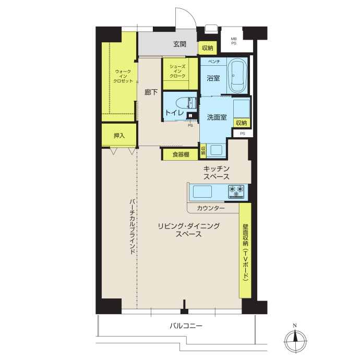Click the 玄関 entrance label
[x=179, y=44]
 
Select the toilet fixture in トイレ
[x=186, y=103]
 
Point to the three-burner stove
[x=236, y=191]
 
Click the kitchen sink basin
[x=202, y=191]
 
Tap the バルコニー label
[x=186, y=326]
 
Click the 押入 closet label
[x=119, y=136]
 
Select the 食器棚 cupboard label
[x=181, y=154]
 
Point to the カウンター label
[x=211, y=208]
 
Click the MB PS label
[x=234, y=41]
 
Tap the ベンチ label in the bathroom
[x=214, y=61]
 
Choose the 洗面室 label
[x=217, y=117]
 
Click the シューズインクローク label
[x=177, y=71]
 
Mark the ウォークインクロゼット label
[x=123, y=76]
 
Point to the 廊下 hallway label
[x=151, y=92]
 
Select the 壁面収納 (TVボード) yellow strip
[x=245, y=250]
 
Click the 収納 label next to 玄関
[x=207, y=48]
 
